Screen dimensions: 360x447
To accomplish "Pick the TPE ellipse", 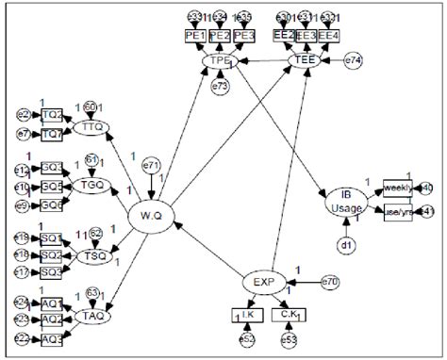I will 221,61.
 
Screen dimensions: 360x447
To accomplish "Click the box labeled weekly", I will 397,187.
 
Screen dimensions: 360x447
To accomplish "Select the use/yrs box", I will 397,212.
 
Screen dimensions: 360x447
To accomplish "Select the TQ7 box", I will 54,134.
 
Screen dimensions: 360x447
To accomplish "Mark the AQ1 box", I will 54,303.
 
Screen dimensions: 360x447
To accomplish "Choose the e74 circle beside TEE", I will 351,61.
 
